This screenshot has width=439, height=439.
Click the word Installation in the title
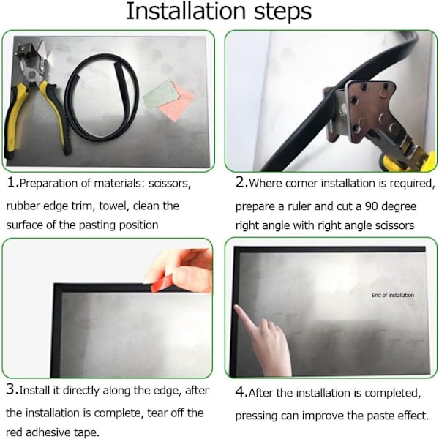point(186,11)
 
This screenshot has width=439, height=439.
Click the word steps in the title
point(282,12)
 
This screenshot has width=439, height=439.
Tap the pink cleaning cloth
point(177,104)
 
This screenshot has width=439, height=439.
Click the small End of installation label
point(393,295)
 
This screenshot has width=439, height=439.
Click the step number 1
point(12,182)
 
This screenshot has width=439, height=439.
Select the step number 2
point(240,182)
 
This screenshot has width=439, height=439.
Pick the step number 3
point(11,389)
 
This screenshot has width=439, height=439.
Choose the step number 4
point(241,392)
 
